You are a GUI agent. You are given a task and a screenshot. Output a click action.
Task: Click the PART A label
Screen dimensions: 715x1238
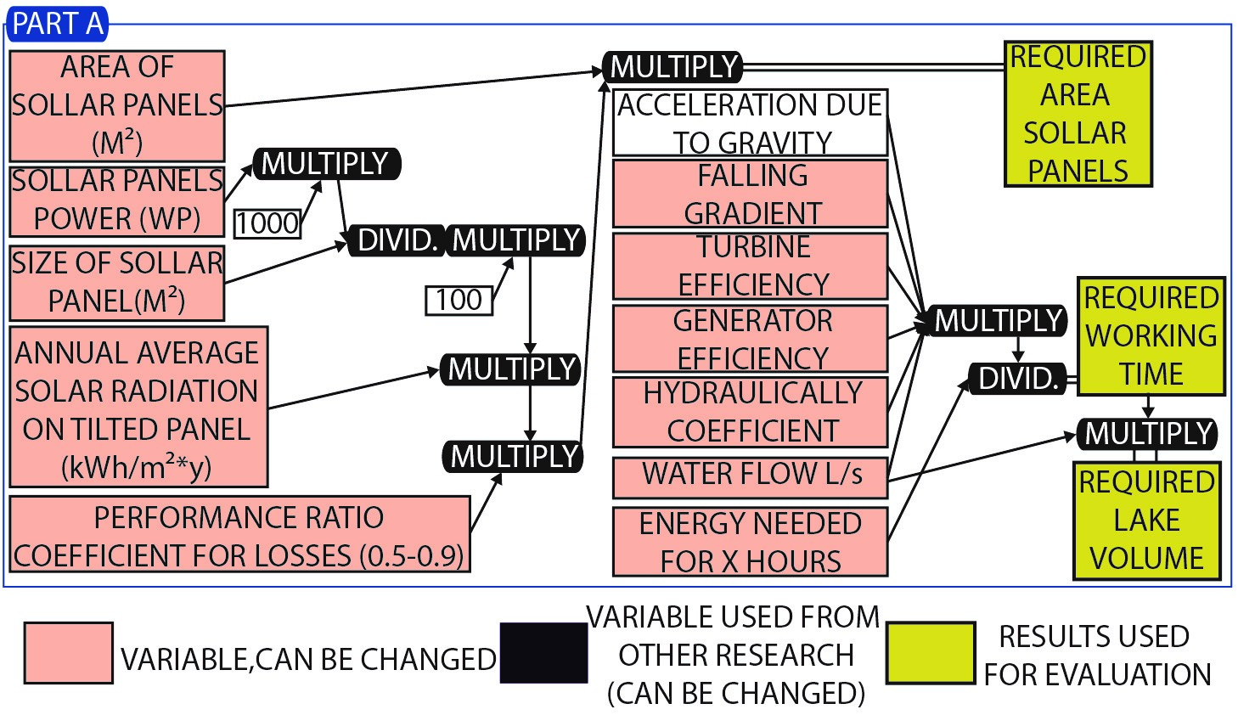click(x=57, y=24)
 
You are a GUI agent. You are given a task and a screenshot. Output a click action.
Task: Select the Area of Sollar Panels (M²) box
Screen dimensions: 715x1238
click(x=117, y=105)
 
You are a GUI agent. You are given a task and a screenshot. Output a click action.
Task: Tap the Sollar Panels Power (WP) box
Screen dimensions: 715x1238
click(x=117, y=200)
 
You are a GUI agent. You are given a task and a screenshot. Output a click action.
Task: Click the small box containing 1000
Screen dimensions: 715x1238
click(x=267, y=222)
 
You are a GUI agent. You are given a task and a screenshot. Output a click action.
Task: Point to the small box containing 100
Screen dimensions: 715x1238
click(x=459, y=300)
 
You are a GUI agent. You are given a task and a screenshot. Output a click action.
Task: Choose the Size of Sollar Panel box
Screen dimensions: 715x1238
click(x=117, y=283)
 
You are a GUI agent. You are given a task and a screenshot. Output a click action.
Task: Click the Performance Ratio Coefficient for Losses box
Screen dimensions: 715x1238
click(x=239, y=535)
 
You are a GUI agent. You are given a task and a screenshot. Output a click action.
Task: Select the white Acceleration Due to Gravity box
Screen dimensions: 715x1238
click(x=750, y=123)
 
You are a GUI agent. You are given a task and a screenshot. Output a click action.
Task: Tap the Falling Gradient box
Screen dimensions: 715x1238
click(x=750, y=194)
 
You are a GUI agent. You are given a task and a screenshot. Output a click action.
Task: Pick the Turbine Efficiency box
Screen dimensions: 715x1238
click(x=750, y=266)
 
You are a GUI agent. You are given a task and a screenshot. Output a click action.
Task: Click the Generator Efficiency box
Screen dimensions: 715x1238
click(x=750, y=339)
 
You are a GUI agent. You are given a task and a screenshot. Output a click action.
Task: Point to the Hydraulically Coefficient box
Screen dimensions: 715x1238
click(x=750, y=412)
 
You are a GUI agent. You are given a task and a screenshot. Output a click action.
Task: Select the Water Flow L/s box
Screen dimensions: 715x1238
click(x=750, y=476)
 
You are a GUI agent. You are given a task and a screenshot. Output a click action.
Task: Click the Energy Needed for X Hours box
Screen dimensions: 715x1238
click(x=750, y=542)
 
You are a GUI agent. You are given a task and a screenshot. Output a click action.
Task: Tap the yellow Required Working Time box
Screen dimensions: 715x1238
click(x=1151, y=336)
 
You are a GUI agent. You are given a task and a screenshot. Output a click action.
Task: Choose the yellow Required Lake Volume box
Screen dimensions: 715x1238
click(x=1146, y=521)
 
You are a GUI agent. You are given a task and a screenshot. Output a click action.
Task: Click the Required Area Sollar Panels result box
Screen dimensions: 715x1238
click(x=1078, y=114)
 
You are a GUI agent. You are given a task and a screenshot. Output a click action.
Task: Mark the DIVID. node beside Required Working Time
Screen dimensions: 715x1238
click(x=1018, y=379)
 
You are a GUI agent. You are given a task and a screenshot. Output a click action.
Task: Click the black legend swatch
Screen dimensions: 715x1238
click(x=543, y=653)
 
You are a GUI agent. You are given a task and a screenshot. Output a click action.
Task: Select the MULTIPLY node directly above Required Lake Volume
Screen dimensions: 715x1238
click(x=1147, y=433)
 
